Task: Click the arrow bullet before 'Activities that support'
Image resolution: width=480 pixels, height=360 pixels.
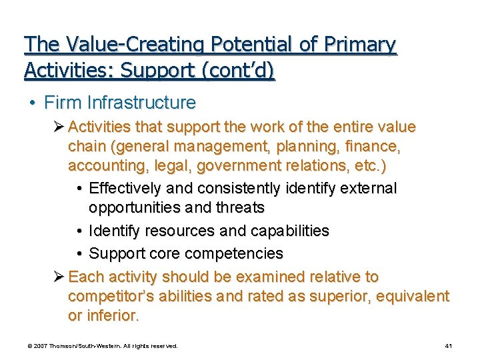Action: [x=59, y=127]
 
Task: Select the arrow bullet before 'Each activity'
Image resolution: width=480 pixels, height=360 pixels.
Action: [x=59, y=277]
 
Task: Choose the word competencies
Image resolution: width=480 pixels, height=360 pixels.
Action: [x=234, y=254]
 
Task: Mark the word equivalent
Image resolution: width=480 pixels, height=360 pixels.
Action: [x=413, y=296]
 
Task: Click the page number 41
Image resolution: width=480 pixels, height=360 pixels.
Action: [x=449, y=346]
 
